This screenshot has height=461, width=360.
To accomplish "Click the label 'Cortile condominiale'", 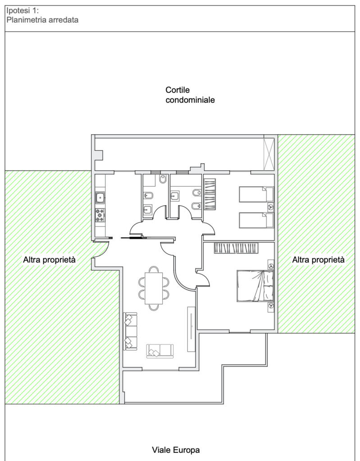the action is click(x=190, y=95).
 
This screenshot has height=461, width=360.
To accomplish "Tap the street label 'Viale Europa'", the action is click(x=176, y=450).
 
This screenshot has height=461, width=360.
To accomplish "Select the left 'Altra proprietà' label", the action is click(x=49, y=260).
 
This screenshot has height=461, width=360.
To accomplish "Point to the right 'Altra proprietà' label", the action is click(x=318, y=260).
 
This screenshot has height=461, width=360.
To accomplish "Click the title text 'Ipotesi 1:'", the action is click(x=23, y=11).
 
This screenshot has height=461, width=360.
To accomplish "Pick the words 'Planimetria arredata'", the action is click(x=42, y=20).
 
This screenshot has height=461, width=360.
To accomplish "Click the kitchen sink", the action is click(x=100, y=198).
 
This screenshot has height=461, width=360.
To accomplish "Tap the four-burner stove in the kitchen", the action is click(x=100, y=215).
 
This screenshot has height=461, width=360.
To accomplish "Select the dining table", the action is click(x=154, y=288).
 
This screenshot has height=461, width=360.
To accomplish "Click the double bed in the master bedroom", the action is click(x=255, y=286).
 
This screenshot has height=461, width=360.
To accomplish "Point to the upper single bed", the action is click(x=256, y=194).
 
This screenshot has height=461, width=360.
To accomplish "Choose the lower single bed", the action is click(x=256, y=220).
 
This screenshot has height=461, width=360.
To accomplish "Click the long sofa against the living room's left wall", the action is click(x=130, y=331).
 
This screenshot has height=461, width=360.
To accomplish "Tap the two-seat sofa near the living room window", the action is click(x=160, y=351).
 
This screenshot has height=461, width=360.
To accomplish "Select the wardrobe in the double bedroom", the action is click(x=236, y=248).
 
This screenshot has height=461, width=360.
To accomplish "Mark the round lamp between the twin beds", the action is click(x=270, y=207).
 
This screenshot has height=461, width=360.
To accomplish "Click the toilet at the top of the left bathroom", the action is click(x=163, y=179).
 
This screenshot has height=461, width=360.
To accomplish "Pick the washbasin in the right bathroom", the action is click(x=174, y=196).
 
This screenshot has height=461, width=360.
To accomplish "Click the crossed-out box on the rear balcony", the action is click(x=269, y=154).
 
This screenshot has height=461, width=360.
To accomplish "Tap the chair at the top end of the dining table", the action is click(x=154, y=269).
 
